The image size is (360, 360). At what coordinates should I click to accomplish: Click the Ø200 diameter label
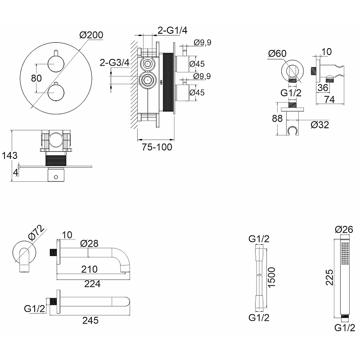click(91, 35)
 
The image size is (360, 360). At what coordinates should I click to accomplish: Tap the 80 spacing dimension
click(36, 78)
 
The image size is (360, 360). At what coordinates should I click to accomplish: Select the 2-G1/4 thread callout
click(172, 30)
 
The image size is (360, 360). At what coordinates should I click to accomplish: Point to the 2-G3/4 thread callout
click(114, 62)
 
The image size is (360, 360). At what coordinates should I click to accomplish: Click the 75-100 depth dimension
click(157, 147)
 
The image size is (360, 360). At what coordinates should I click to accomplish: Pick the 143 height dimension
click(9, 155)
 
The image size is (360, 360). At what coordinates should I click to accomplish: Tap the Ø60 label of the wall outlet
click(277, 54)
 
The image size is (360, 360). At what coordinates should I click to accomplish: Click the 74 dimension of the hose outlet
click(329, 99)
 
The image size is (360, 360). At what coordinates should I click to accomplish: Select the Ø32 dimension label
click(320, 125)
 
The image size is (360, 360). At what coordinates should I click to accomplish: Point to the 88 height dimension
click(277, 118)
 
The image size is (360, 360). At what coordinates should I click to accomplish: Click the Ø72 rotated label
click(36, 233)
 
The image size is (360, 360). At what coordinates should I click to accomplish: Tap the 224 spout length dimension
click(92, 284)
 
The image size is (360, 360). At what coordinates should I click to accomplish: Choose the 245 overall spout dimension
click(90, 320)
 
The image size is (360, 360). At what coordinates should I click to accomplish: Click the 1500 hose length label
click(271, 277)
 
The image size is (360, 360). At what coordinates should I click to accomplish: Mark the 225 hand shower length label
click(329, 277)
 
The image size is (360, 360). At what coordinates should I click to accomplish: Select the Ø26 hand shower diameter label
click(344, 229)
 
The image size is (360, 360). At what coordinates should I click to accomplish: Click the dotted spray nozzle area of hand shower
click(344, 253)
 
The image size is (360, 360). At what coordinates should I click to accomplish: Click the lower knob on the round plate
click(56, 93)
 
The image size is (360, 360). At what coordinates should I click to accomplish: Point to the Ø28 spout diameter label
click(89, 243)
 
